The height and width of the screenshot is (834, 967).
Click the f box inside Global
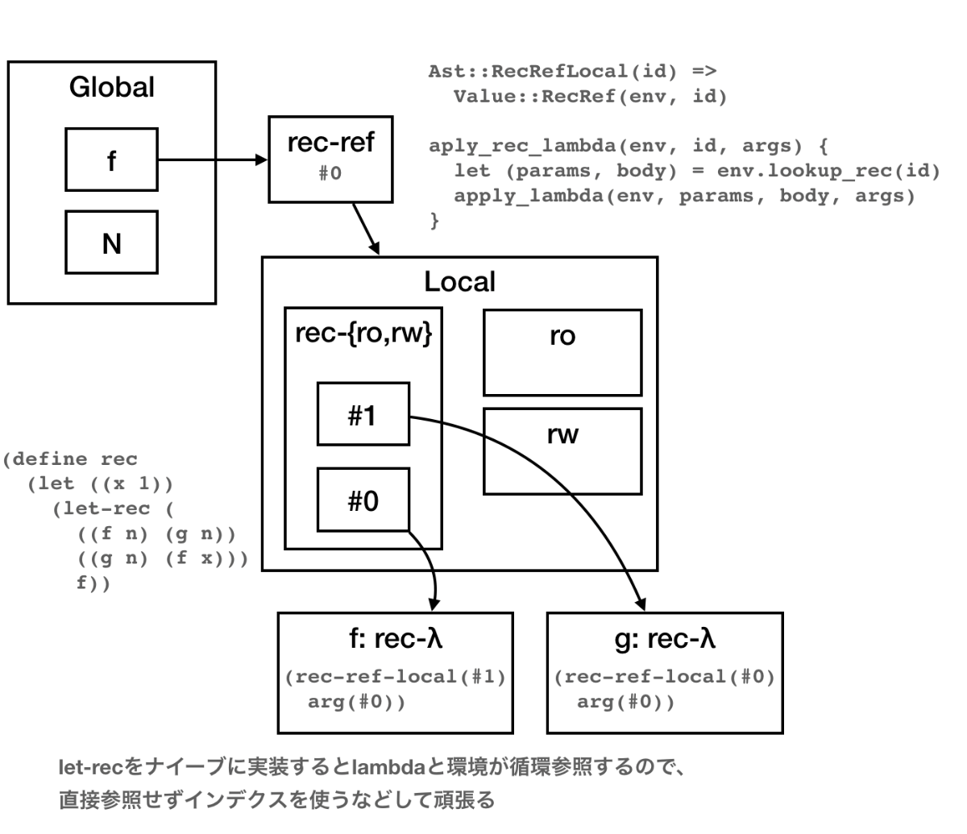(111, 160)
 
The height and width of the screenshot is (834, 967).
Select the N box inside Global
(111, 242)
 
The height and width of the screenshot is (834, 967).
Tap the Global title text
(111, 87)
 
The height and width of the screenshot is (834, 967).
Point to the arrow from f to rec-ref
(214, 160)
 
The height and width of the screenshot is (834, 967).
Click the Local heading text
(459, 282)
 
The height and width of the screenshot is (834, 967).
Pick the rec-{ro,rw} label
(363, 333)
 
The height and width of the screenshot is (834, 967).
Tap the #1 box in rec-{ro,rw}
(363, 414)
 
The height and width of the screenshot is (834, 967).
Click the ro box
(562, 352)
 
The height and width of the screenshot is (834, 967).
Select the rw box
(562, 451)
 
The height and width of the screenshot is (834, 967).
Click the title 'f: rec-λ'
(395, 640)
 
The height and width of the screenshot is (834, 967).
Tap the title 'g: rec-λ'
(664, 640)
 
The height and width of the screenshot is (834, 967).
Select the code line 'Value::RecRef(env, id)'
(590, 98)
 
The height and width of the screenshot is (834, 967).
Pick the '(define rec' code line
(70, 459)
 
